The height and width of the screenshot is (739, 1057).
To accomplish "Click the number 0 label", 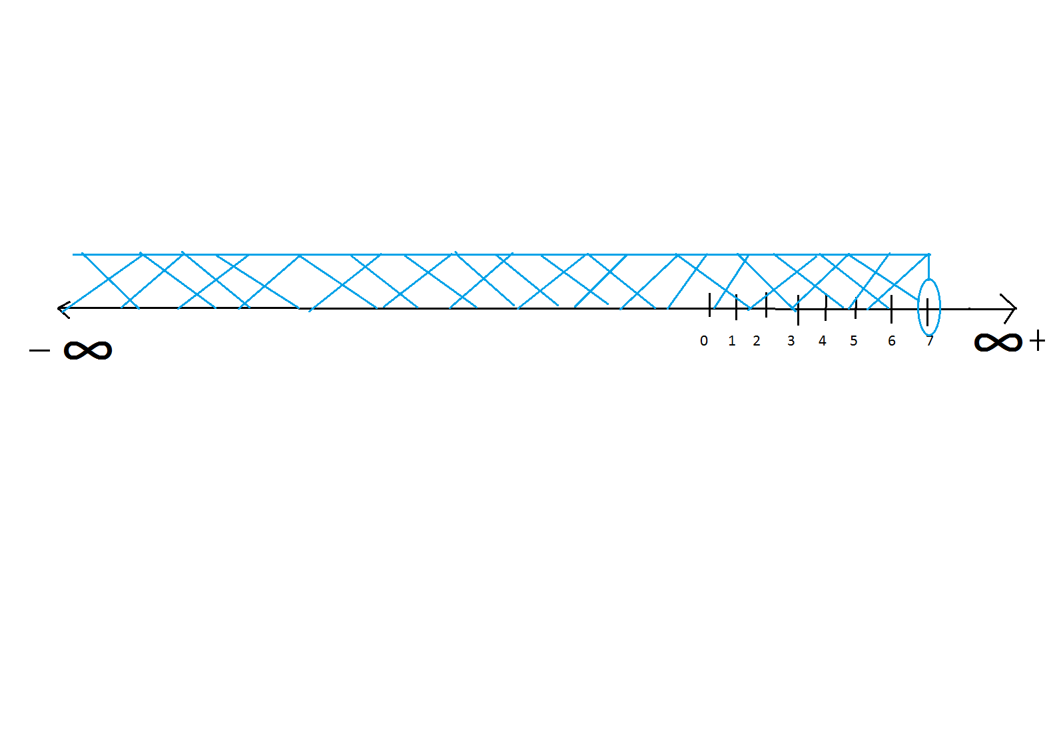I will coord(704,341).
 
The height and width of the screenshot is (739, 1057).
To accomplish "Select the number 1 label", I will coord(732,341).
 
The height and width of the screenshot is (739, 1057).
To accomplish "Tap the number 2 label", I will coord(757,341).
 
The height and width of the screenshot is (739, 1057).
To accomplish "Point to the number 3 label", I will coord(791,341).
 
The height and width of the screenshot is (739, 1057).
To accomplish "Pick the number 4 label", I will coord(823,341).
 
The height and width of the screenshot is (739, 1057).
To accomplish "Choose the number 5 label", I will coord(854,341).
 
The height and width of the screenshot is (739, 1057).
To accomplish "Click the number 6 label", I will coord(892,341).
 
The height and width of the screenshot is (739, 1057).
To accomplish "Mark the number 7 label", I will coord(930,341).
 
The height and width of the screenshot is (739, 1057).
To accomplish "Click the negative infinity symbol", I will coord(88,350).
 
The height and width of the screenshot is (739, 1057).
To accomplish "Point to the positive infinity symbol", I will coord(998,343).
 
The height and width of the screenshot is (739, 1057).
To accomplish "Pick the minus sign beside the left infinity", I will coord(40,350).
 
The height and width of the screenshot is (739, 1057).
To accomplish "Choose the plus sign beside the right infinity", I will coord(1038,342).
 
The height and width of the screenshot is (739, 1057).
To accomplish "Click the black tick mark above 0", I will coord(710,304).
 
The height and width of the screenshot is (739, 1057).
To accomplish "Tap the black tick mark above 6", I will coord(891,309).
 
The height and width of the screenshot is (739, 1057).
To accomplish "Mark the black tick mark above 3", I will coord(798,310).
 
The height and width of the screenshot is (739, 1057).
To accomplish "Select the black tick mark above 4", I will coord(826,308).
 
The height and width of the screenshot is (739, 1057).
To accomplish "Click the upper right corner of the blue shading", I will coord(929,254).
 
